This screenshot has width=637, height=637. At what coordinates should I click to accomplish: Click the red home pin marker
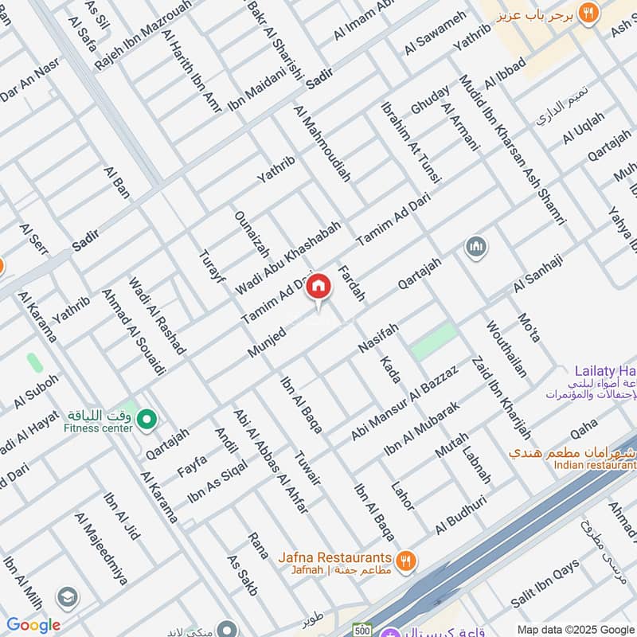[x=318, y=287]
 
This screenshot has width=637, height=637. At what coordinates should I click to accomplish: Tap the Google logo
[x=33, y=625]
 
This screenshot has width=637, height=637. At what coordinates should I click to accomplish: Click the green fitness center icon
[x=146, y=417]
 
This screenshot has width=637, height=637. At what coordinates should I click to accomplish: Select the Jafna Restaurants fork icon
[x=406, y=560]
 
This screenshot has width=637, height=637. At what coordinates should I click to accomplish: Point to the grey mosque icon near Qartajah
[x=476, y=247]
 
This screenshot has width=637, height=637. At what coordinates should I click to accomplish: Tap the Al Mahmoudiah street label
[x=322, y=143]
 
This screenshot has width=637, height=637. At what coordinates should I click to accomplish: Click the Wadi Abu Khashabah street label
[x=287, y=259]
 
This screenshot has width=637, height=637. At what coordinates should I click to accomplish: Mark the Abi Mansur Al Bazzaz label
[x=404, y=403]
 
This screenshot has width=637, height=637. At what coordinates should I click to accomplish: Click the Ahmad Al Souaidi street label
[x=134, y=331]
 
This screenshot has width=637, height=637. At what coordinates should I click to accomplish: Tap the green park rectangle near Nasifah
[x=434, y=341]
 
